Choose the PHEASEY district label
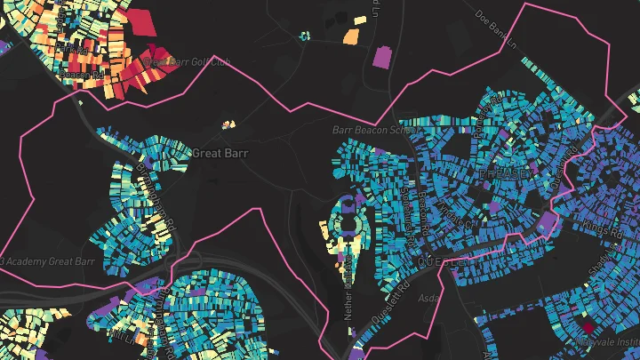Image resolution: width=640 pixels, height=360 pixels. (x=503, y=172)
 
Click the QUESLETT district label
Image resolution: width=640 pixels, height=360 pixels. (x=441, y=263)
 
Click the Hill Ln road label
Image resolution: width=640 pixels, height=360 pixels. (x=378, y=11)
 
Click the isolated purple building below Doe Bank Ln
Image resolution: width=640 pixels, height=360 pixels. (x=382, y=57)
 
